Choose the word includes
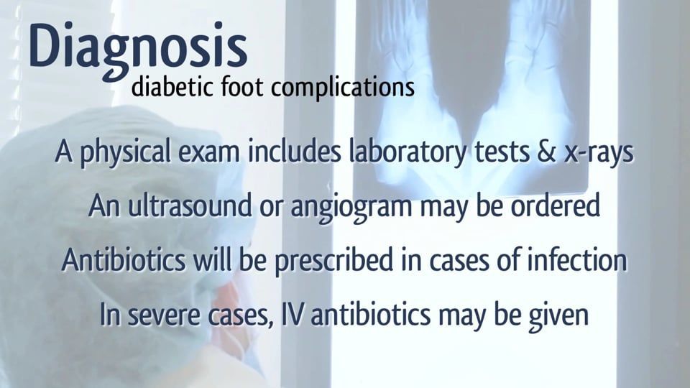click(294, 154)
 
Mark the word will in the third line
click(210, 261)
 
